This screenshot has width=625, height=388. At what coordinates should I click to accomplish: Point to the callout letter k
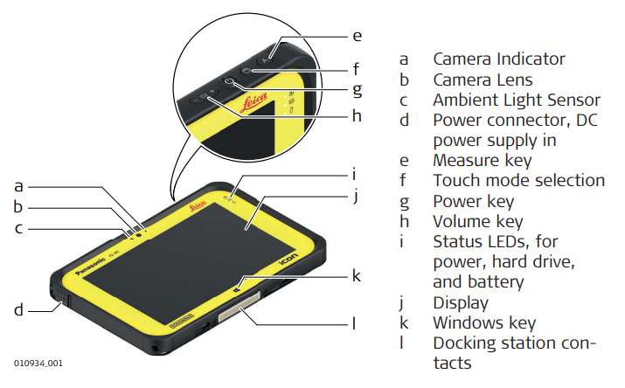point(356,275)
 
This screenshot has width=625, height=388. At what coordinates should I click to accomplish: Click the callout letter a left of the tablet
point(18,185)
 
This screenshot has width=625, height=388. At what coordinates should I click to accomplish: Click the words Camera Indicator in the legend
point(499,59)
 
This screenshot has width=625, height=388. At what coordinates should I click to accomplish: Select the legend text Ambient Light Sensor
point(517,100)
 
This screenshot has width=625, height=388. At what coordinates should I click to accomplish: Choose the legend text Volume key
point(478,221)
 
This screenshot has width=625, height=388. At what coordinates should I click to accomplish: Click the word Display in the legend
point(461,302)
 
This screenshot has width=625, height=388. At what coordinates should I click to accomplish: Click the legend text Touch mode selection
point(518,181)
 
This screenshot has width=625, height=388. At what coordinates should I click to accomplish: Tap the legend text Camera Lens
point(483,80)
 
